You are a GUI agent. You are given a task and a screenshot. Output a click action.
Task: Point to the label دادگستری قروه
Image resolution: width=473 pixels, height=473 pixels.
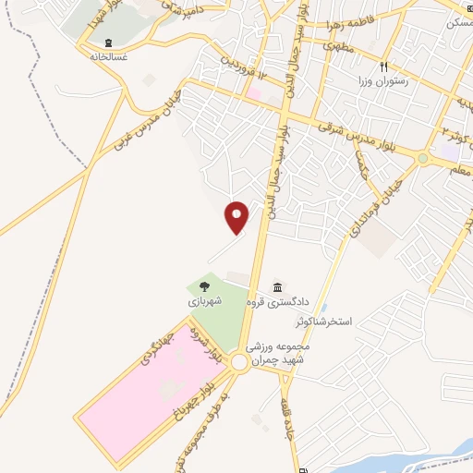click(275, 302)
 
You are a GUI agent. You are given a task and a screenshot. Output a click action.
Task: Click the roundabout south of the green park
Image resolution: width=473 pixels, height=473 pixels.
click(241, 363)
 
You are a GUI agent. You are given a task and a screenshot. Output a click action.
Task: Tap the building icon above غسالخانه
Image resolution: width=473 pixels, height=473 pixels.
click(109, 43)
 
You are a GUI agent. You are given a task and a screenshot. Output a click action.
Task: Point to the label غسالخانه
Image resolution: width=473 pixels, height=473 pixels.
click(109, 57)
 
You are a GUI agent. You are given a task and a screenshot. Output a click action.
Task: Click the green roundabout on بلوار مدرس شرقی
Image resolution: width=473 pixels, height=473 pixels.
click(423, 158)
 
